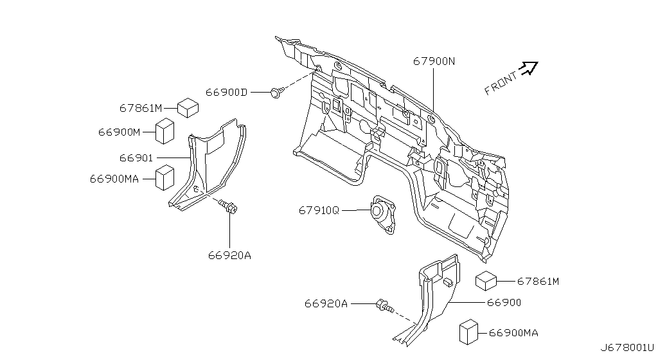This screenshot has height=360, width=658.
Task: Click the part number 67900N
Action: [x=434, y=61]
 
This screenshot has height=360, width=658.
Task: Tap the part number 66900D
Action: [x=226, y=93]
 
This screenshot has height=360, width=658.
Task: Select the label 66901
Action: [x=136, y=158]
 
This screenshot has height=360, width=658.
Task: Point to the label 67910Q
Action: [x=319, y=210]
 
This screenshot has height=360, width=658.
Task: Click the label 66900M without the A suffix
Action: [x=119, y=132]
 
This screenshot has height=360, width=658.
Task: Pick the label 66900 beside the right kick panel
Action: [x=504, y=303]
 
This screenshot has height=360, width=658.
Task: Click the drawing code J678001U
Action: [x=627, y=348]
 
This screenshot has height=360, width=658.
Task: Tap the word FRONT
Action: [x=501, y=84]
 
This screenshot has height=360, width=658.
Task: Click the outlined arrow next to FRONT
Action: [x=528, y=68]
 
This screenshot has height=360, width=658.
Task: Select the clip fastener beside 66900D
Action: [x=276, y=93]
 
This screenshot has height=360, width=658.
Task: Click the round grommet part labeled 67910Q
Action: [x=382, y=215]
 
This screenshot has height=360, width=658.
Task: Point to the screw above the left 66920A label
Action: [x=229, y=206]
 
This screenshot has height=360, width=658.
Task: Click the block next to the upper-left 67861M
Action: [x=188, y=108]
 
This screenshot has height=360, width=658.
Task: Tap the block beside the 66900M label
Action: [x=165, y=131]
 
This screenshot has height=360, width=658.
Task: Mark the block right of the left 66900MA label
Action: [x=165, y=178]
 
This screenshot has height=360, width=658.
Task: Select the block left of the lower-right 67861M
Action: [x=486, y=281]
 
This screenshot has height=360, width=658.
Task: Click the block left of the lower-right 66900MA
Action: [x=468, y=332]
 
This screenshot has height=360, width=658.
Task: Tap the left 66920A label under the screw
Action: [x=229, y=255]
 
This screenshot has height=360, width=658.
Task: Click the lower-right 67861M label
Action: [x=538, y=281]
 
